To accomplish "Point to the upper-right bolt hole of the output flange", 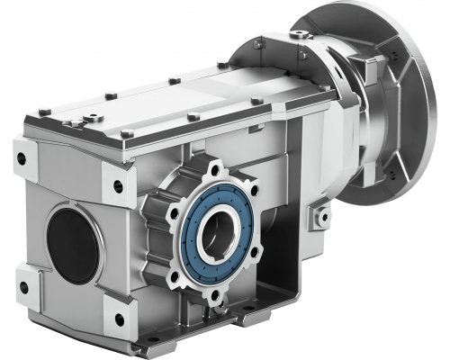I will pos(253,192).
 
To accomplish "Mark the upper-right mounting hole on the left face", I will pos(118,188).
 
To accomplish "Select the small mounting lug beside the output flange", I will pos(319,216).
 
